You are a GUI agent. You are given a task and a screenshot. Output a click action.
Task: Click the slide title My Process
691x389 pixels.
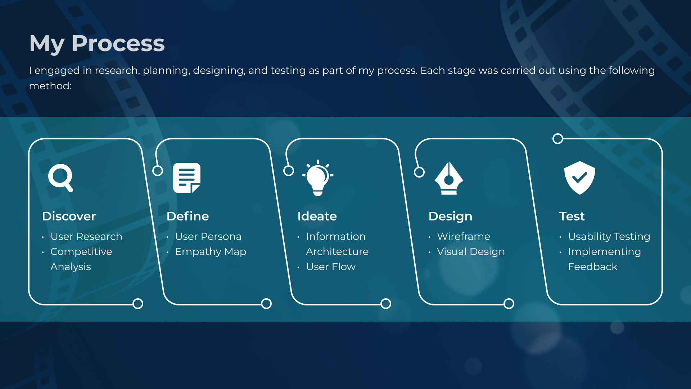coord(97,44)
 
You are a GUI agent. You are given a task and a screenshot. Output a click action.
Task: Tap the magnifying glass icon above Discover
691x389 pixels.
coord(60,178)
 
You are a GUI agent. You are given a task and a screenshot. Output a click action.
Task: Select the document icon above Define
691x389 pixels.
coord(187,178)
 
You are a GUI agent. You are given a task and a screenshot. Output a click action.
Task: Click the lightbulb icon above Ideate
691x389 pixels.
coord(318,178)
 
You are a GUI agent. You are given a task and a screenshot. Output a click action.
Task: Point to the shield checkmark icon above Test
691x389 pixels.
coord(579,178)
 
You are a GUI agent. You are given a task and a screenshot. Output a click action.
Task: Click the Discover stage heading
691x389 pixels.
coord(69,216)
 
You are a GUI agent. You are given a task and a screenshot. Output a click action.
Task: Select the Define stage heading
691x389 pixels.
coord(188,216)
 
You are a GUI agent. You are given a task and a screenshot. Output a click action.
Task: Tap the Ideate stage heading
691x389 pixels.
coord(317,216)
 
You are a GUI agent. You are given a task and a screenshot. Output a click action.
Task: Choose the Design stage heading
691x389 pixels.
coord(450,216)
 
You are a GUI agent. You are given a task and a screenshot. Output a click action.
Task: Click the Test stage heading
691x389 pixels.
coord(572,216)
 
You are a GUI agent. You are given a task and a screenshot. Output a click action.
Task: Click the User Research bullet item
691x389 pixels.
coord(86,236)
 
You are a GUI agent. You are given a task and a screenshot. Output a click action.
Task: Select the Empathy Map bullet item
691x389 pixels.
coord(211,251)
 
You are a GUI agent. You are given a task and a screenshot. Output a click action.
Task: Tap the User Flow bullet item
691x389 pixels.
coord(331,267)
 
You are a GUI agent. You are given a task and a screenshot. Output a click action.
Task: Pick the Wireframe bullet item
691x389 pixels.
coord(464,236)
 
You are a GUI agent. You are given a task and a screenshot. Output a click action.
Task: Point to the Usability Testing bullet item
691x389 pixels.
coord(609,236)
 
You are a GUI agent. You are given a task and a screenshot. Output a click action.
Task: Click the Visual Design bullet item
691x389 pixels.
coord(471,251)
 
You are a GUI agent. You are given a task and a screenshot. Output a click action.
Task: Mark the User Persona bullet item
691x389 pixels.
coord(208,236)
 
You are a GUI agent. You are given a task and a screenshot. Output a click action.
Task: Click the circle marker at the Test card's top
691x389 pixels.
coord(558,139)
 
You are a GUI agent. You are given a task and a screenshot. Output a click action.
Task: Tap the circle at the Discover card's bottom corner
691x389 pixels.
coord(138,304)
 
